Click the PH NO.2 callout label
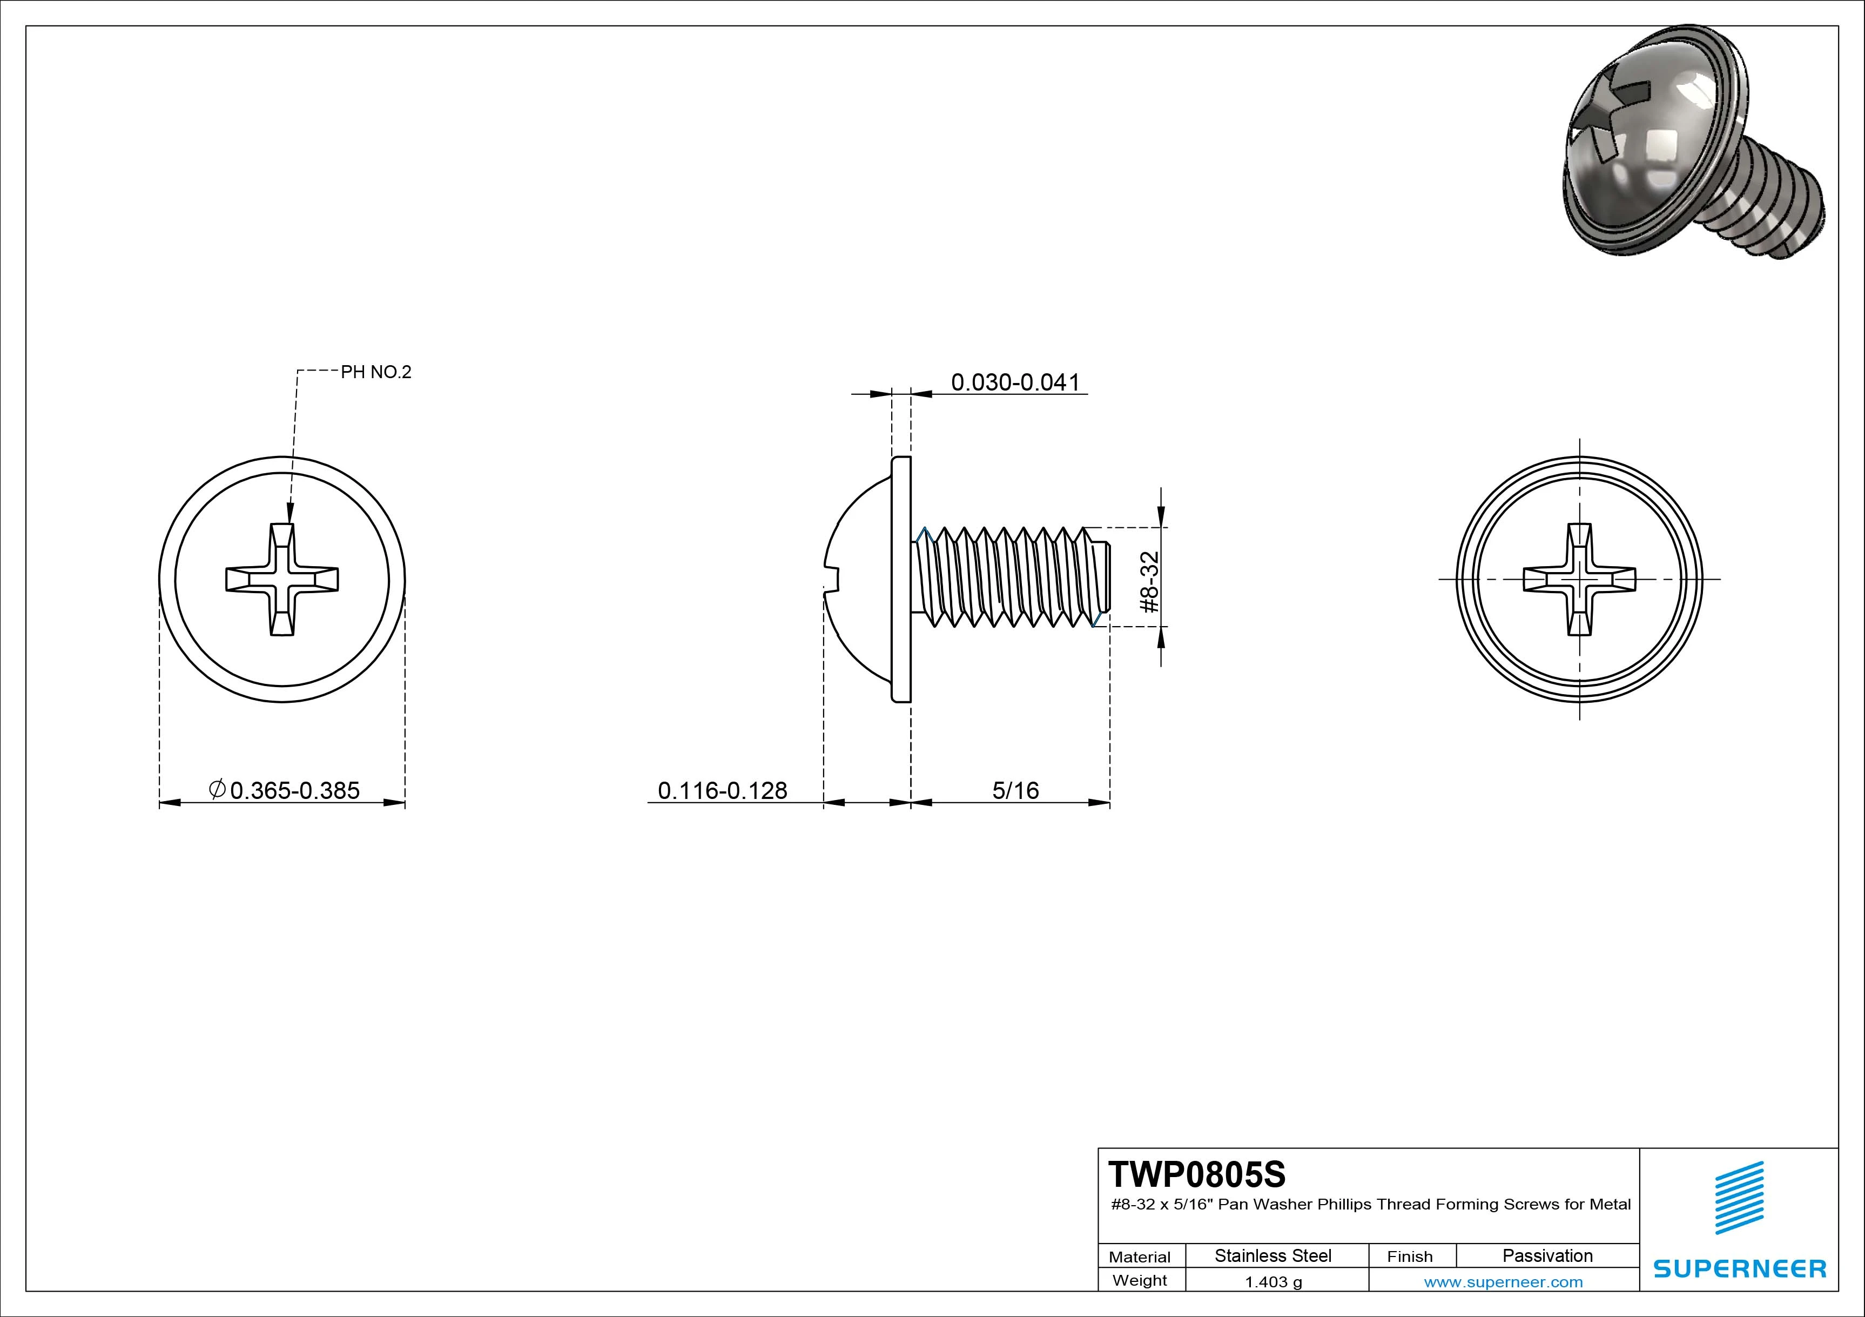coord(376,372)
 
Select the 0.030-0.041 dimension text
coord(1015,382)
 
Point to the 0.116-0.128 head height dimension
coord(722,790)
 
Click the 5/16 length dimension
coord(1015,790)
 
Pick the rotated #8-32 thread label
coord(1149,582)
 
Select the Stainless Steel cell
coord(1273,1256)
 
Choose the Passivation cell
coord(1547,1256)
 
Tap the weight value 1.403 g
coord(1274,1282)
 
